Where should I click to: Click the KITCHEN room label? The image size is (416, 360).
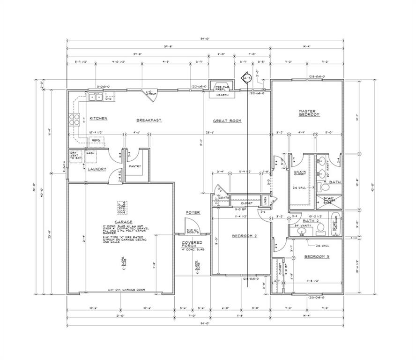99,118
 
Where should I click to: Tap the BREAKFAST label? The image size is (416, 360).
149,120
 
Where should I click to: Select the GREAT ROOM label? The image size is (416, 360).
227,121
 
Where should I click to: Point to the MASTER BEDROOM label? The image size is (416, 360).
309,113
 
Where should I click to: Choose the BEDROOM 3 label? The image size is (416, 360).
317,257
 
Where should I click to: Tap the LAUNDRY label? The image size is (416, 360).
97,169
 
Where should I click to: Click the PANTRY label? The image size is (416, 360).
135,166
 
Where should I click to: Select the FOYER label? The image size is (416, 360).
193,213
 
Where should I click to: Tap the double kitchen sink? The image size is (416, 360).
96,97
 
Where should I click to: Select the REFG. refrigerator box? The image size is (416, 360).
97,140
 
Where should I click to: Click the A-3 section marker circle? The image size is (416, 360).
246,78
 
